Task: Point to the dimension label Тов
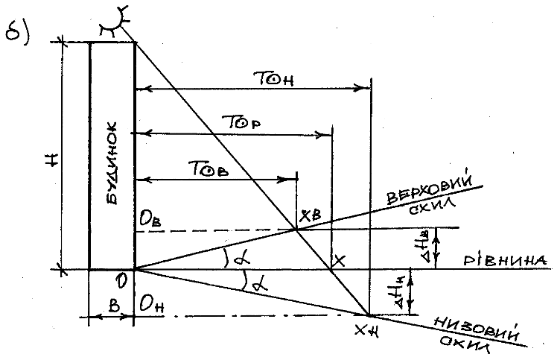[x=212, y=168]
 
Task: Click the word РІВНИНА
[x=506, y=260]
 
